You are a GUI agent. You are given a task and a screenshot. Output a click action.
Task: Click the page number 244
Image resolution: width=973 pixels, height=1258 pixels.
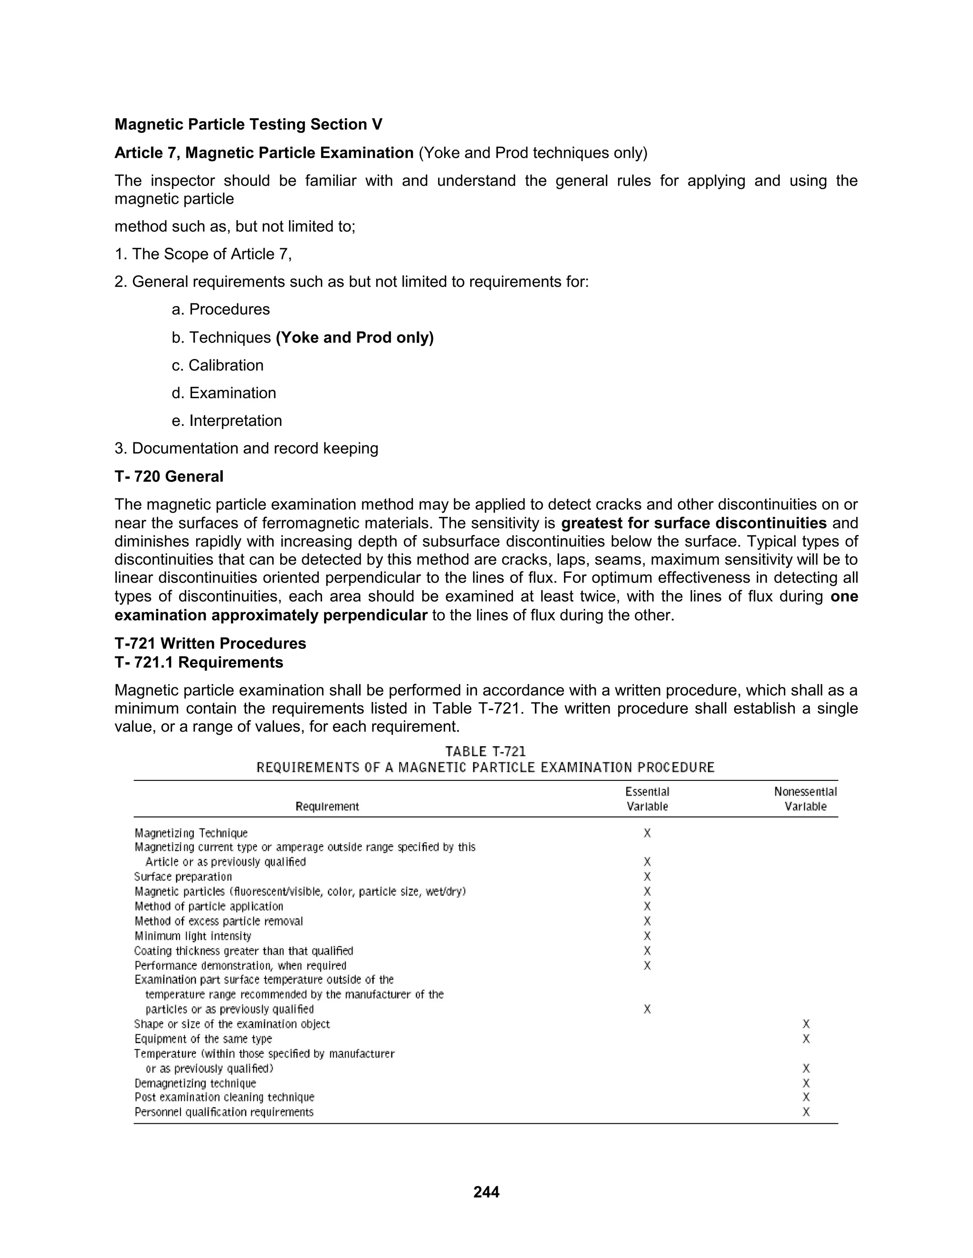(x=486, y=1192)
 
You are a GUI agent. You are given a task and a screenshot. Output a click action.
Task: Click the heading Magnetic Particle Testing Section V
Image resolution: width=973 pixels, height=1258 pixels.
(x=248, y=124)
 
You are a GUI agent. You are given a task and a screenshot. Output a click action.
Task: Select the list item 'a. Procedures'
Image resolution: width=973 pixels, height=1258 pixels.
(x=221, y=310)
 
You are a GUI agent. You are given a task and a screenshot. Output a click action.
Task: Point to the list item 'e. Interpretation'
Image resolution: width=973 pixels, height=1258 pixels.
(x=227, y=421)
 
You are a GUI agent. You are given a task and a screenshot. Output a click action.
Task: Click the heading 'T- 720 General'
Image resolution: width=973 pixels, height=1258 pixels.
(x=169, y=476)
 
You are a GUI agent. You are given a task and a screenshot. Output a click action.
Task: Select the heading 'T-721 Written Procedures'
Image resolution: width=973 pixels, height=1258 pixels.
(x=210, y=643)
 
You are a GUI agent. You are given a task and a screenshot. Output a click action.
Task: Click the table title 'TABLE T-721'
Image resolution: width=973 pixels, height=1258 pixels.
(x=486, y=751)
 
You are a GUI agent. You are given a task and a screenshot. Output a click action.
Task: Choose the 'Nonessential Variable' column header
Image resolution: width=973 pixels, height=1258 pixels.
(x=805, y=799)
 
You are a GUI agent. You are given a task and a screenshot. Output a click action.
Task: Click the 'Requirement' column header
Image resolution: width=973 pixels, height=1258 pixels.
(x=327, y=807)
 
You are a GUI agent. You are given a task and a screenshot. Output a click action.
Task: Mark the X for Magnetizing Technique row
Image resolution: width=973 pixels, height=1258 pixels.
(x=647, y=833)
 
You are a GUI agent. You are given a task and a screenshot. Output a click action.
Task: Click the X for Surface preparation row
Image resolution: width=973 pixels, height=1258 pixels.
(x=647, y=877)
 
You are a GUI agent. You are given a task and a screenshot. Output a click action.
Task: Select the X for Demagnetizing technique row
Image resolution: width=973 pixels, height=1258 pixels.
(x=806, y=1083)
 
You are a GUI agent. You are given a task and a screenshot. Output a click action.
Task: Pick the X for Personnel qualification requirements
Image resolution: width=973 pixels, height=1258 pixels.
(x=806, y=1112)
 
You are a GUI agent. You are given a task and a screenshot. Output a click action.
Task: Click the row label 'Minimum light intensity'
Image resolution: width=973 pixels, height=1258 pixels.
(x=192, y=936)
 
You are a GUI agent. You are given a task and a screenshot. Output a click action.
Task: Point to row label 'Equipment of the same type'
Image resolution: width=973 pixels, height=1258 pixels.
(x=203, y=1039)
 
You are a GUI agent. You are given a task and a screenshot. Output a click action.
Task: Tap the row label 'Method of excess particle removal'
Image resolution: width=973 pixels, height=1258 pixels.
(x=219, y=921)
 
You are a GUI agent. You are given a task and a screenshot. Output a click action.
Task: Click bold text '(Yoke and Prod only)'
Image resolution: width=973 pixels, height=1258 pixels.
(x=354, y=338)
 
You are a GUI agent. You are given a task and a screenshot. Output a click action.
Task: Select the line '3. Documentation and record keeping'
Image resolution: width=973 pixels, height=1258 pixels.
(x=246, y=448)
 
